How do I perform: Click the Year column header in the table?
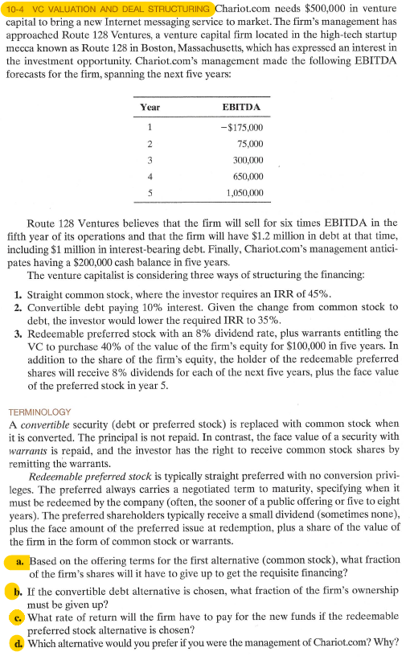pos(150,106)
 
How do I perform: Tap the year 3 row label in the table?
pos(150,160)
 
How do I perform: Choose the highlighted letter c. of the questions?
pos(18,617)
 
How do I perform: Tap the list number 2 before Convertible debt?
pos(18,306)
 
